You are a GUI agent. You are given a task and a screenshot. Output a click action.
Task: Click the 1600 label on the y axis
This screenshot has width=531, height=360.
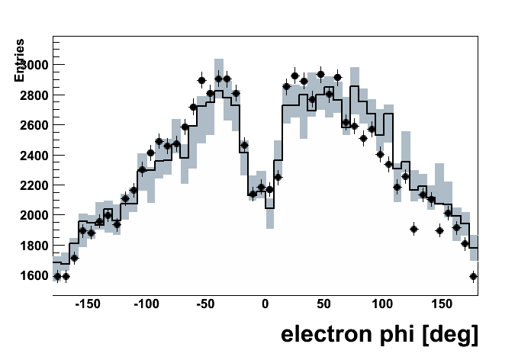(34, 275)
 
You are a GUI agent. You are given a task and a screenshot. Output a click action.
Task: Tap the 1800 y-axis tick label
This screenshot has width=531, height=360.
(34, 246)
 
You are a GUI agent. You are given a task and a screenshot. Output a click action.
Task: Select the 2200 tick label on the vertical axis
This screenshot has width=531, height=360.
(34, 185)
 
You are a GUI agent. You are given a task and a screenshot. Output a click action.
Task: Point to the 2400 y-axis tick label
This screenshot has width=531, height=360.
(34, 156)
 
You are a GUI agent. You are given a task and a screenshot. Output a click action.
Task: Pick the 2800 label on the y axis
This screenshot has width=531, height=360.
(34, 95)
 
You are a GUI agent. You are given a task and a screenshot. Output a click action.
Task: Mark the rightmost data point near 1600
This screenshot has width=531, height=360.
(473, 276)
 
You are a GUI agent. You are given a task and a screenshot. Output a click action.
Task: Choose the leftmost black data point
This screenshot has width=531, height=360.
(57, 276)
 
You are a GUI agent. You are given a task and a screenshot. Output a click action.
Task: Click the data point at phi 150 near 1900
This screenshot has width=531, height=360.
(439, 230)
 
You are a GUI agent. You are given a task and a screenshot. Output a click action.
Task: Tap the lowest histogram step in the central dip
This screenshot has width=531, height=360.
(269, 207)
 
